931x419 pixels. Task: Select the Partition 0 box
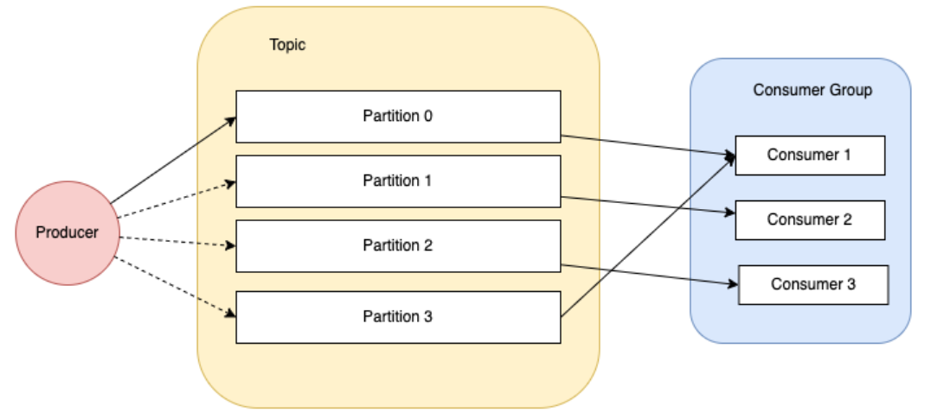point(398,116)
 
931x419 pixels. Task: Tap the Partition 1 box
point(398,181)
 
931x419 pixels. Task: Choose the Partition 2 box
point(398,246)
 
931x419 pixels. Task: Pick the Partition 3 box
point(398,316)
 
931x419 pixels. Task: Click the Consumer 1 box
point(810,156)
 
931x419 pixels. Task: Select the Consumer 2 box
point(810,219)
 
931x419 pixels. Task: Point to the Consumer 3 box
point(813,284)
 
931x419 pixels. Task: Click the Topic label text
point(287,45)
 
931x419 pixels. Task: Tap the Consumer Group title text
point(812,90)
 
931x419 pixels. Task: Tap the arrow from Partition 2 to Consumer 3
point(649,274)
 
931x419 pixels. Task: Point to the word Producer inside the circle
point(67,232)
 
